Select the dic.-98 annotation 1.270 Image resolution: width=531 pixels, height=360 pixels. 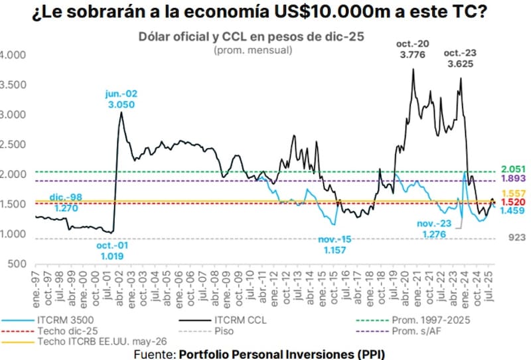(48, 208)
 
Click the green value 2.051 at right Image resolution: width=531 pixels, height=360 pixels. (514, 169)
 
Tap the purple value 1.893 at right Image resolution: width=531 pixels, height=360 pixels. (514, 179)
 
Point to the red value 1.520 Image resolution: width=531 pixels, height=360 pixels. (514, 201)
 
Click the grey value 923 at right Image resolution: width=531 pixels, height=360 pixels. (516, 236)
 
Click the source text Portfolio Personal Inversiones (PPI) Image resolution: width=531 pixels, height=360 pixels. (281, 354)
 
